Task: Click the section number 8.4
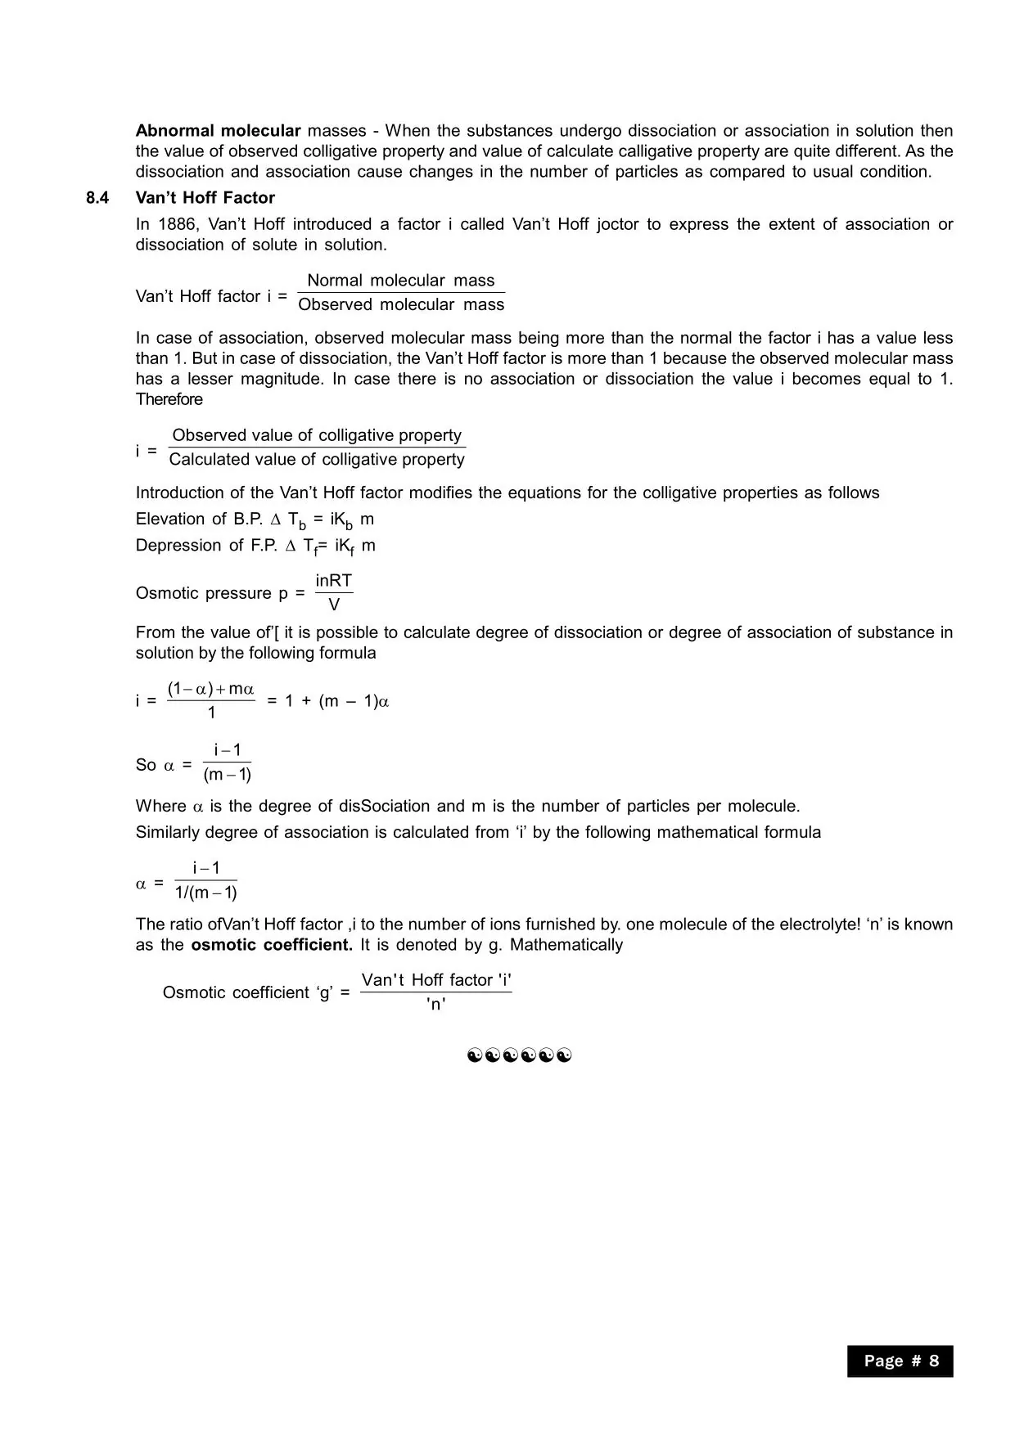click(x=97, y=198)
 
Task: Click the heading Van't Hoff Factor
click(x=205, y=198)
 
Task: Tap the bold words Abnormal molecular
click(x=218, y=131)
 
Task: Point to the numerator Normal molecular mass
click(x=400, y=281)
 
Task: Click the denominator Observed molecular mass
click(x=401, y=305)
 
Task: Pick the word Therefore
click(x=169, y=399)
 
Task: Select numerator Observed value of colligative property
click(x=317, y=435)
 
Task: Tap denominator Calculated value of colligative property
click(x=317, y=460)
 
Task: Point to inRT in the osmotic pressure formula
click(x=334, y=581)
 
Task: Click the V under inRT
click(x=334, y=605)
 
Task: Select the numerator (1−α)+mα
click(x=210, y=690)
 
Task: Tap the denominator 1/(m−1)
click(x=206, y=893)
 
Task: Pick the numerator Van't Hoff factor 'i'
click(x=436, y=980)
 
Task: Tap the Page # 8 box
click(x=900, y=1361)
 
